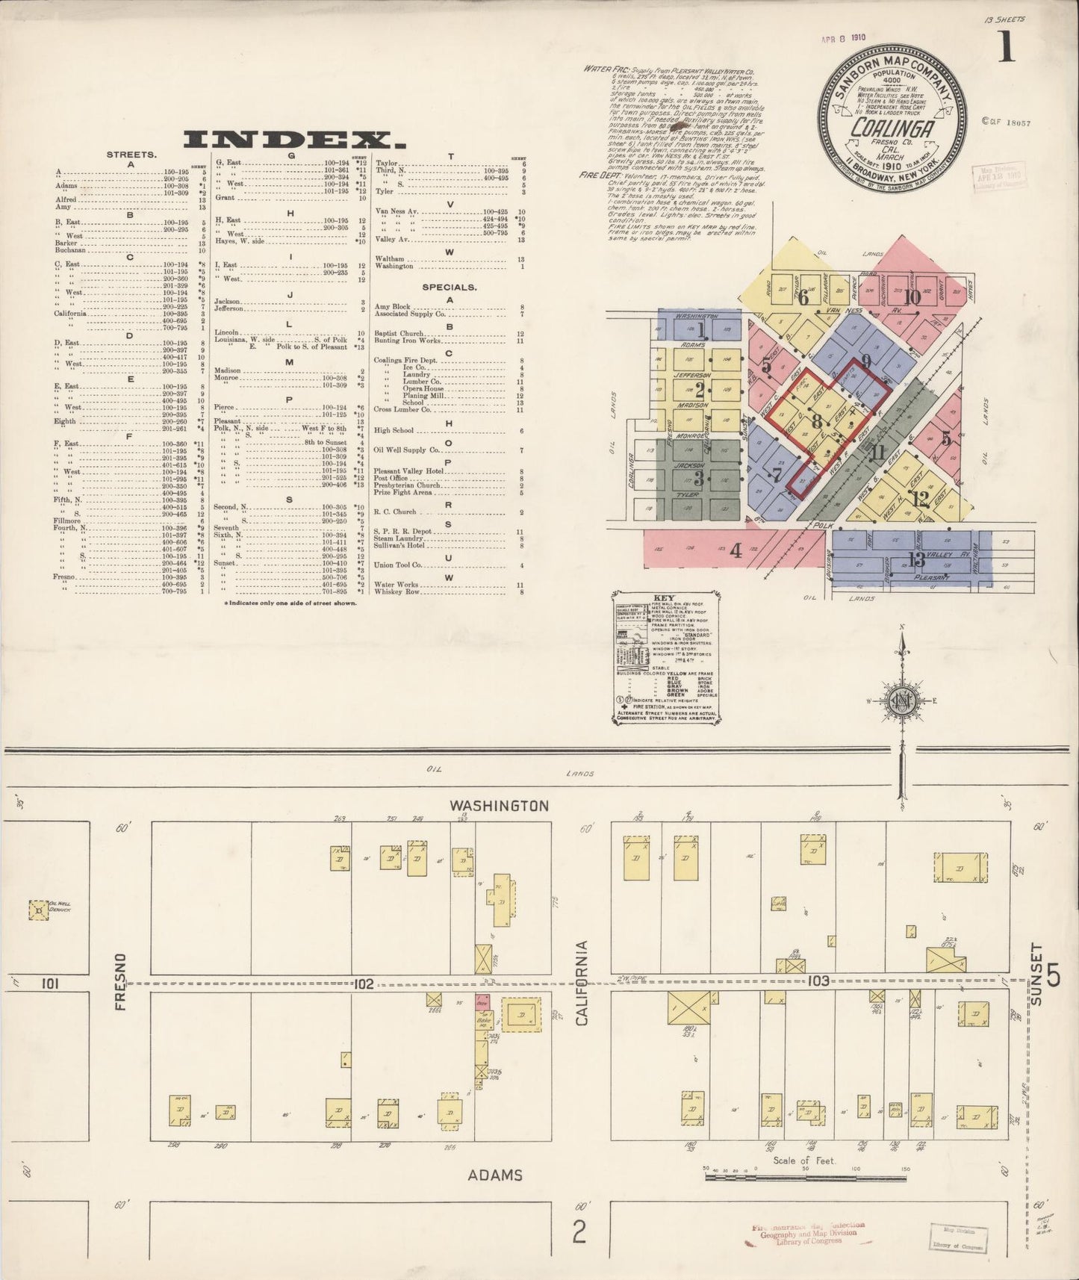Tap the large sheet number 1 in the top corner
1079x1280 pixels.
coord(1007,49)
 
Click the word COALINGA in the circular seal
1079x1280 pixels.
coord(893,128)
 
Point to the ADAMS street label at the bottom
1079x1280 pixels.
coord(495,1175)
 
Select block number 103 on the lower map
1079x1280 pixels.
coord(818,981)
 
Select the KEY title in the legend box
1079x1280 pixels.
coord(664,598)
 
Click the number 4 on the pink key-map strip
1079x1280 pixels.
coord(736,552)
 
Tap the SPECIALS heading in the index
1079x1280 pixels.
coord(449,287)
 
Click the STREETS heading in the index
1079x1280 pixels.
coord(131,155)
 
